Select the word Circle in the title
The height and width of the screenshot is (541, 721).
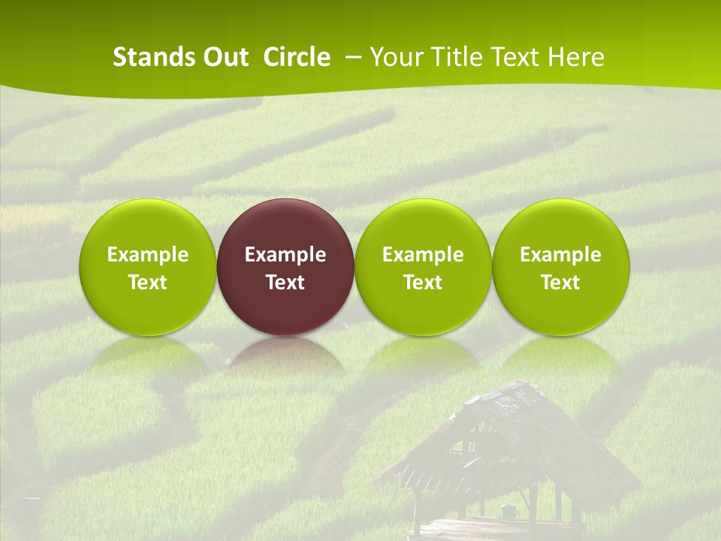click(x=297, y=57)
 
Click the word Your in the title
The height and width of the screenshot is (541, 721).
click(x=395, y=57)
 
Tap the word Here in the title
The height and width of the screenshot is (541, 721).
click(x=575, y=57)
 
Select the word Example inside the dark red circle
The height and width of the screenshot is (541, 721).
click(x=285, y=255)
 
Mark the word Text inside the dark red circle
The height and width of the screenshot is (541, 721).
click(x=285, y=283)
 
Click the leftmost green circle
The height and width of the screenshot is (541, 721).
click(x=148, y=225)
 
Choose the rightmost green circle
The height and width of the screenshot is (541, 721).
click(x=561, y=225)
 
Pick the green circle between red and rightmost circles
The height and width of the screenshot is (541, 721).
click(x=423, y=225)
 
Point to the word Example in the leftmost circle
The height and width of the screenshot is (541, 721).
click(x=148, y=255)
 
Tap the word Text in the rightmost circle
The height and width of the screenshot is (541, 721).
click(x=561, y=283)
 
